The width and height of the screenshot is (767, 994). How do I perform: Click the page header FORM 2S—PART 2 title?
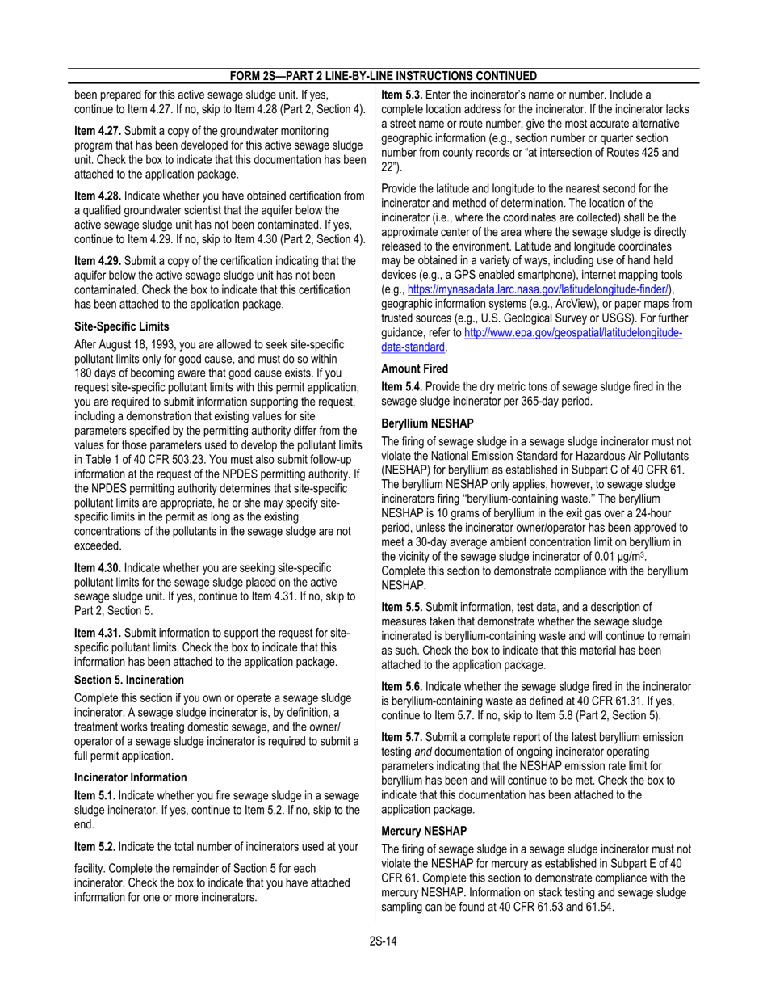pos(383,75)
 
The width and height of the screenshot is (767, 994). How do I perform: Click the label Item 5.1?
pos(95,798)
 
